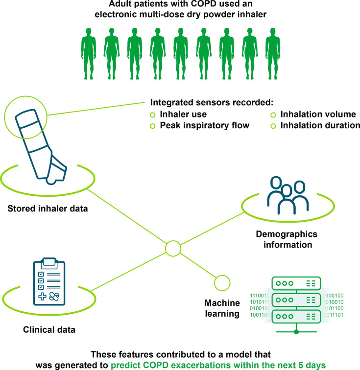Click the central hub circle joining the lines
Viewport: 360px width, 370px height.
pos(173,249)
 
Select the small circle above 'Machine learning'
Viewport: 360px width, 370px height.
pos(222,282)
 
